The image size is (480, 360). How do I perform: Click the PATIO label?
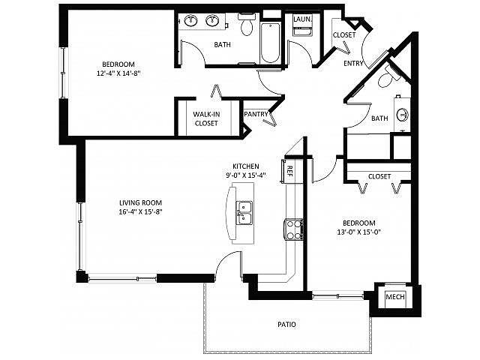tap(286, 324)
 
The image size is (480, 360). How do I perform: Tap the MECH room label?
tap(395, 297)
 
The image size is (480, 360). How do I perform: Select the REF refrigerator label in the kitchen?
tap(290, 172)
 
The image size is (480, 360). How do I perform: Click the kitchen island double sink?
tap(244, 213)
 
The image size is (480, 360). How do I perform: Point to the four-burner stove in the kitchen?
tap(294, 229)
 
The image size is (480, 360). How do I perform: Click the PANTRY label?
tap(256, 114)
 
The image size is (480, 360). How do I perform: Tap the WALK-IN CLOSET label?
tap(206, 118)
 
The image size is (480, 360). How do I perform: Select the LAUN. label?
tap(302, 19)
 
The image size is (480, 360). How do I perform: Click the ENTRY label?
tap(353, 63)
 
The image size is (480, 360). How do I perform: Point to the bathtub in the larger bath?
tap(270, 42)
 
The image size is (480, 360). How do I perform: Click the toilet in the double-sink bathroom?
tap(247, 25)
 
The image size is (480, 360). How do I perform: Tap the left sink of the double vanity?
tap(191, 21)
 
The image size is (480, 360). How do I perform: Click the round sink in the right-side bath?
tap(403, 115)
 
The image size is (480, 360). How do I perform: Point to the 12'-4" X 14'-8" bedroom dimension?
tap(118, 73)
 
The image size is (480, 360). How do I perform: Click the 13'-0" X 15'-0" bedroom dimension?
tap(359, 232)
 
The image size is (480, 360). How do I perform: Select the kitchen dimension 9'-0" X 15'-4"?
tap(246, 175)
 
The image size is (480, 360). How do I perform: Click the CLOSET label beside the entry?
tap(344, 35)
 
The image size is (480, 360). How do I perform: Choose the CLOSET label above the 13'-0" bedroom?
tap(379, 176)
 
